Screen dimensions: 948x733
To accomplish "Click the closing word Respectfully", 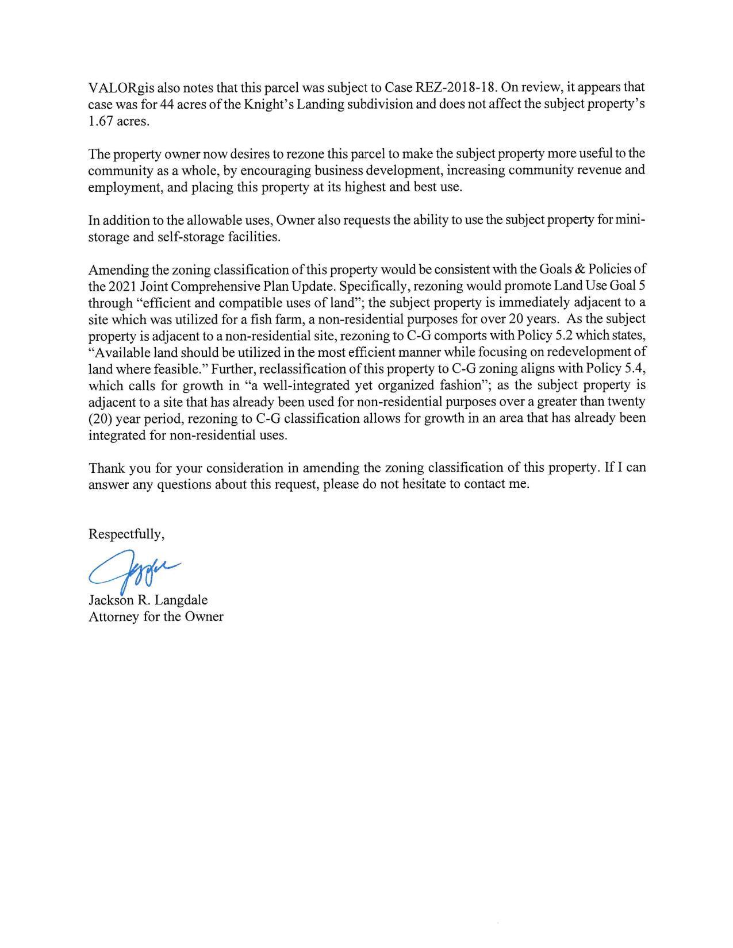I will (126, 534).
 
